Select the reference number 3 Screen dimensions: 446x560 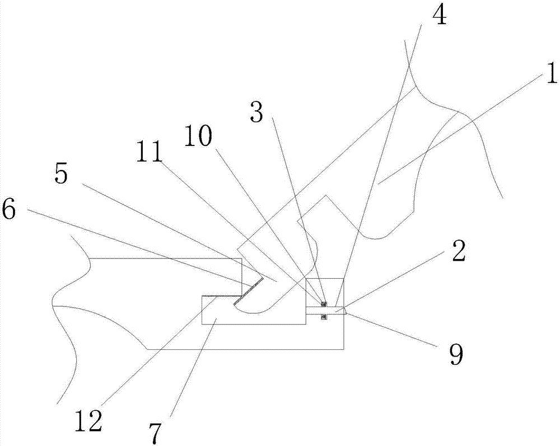(256, 113)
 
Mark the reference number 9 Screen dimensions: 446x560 (458, 354)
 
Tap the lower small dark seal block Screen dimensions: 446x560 (324, 317)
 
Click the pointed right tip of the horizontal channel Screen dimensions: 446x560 (347, 311)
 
